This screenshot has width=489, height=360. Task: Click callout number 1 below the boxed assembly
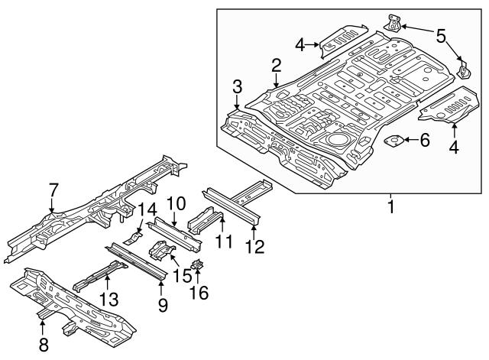(392, 206)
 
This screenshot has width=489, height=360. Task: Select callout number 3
(238, 85)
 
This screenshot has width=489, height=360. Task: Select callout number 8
(43, 345)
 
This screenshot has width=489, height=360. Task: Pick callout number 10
(176, 203)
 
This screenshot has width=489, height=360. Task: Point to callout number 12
(254, 245)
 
